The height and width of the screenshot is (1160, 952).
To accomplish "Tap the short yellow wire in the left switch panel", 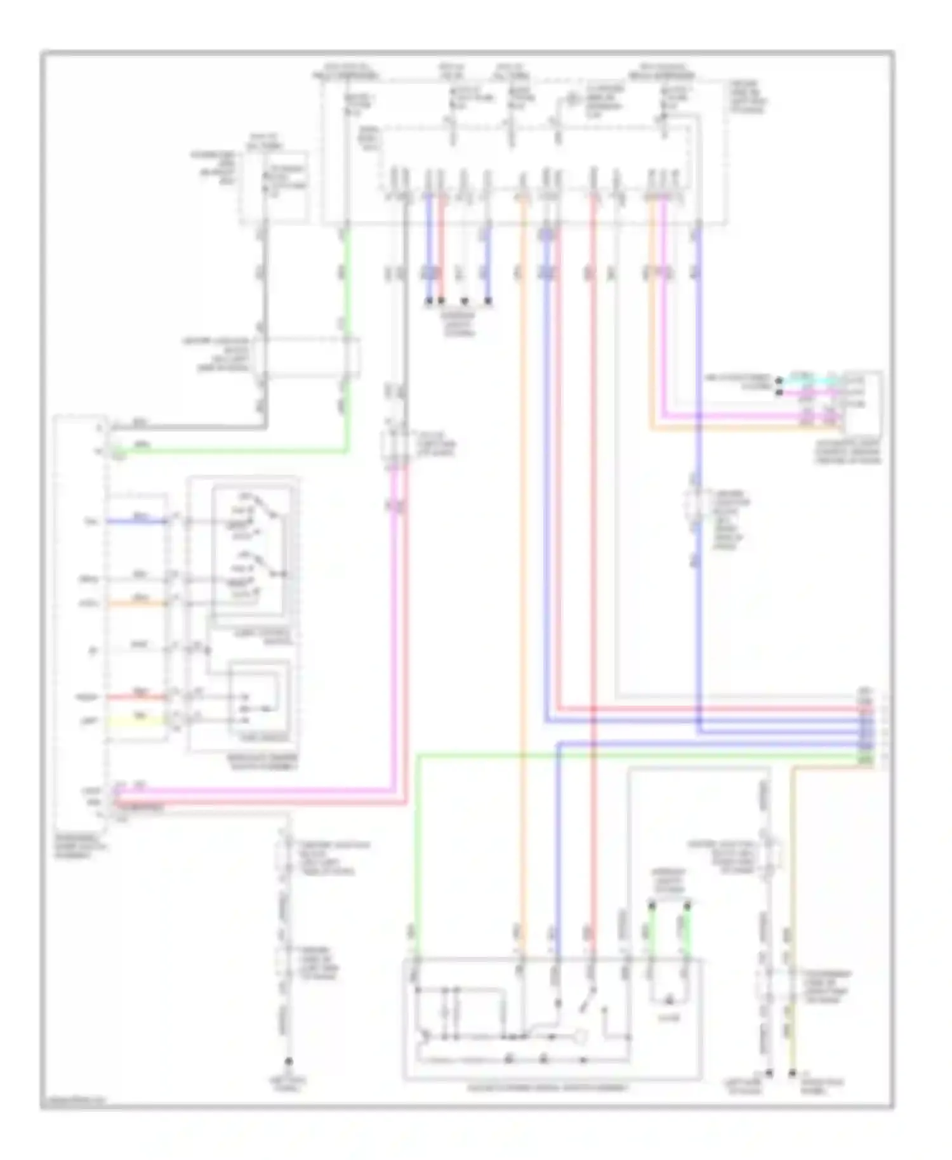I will tap(137, 721).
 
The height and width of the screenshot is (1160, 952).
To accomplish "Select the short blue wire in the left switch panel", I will tap(137, 522).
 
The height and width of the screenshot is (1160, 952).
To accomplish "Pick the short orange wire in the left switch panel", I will tap(137, 602).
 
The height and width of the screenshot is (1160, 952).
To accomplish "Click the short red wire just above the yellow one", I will tap(137, 697).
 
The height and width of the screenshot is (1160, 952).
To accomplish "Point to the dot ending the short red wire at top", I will tap(442, 301).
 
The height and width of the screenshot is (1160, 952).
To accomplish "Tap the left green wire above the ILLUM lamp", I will tap(651, 930).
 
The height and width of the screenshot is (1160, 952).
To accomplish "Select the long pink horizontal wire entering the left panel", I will tap(254, 791).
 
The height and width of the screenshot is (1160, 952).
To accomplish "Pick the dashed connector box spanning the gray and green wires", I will tap(307, 357).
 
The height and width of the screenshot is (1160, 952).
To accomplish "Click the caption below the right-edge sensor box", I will tap(848, 452).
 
